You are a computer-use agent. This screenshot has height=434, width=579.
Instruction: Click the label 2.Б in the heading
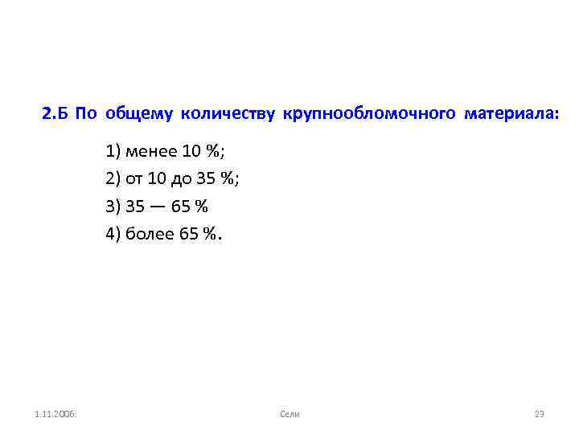(55, 114)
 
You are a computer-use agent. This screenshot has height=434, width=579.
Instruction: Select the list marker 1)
(112, 151)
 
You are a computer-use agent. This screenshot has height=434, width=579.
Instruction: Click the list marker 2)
(112, 179)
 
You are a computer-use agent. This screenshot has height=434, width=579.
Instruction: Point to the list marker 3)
(112, 207)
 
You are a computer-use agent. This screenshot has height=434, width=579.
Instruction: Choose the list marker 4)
(112, 234)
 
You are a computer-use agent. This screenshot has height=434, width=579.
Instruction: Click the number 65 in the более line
(189, 234)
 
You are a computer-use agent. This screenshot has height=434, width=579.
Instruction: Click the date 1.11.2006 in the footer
(55, 413)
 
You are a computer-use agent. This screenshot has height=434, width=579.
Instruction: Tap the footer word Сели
(289, 413)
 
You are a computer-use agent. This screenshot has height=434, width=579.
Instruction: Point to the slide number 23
(540, 413)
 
